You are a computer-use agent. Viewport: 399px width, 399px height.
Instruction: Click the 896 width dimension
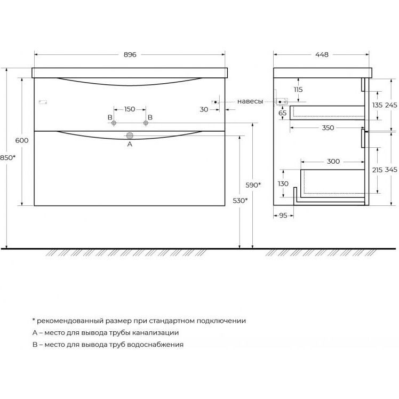pyautogui.click(x=130, y=55)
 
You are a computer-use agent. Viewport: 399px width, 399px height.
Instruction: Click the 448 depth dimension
pyautogui.click(x=322, y=55)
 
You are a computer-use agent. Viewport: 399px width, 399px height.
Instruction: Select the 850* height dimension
pyautogui.click(x=7, y=158)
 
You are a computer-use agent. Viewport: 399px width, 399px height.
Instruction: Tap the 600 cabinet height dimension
pyautogui.click(x=22, y=140)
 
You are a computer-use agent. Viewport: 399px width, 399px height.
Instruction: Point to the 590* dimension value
pyautogui.click(x=253, y=185)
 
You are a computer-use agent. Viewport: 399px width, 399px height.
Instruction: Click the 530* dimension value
pyautogui.click(x=240, y=201)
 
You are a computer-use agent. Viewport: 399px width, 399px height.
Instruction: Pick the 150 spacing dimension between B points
pyautogui.click(x=130, y=109)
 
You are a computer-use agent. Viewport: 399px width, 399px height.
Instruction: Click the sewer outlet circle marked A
pyautogui.click(x=130, y=135)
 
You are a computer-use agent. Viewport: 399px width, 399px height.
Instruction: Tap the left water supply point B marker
pyautogui.click(x=114, y=123)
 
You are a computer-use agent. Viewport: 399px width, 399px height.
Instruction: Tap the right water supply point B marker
pyautogui.click(x=146, y=123)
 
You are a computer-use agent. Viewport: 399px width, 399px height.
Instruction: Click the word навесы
pyautogui.click(x=250, y=101)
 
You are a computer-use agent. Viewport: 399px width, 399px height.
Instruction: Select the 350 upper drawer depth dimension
pyautogui.click(x=328, y=127)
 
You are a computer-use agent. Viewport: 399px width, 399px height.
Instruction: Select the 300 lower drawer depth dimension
pyautogui.click(x=333, y=161)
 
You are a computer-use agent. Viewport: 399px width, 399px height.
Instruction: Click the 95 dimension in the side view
pyautogui.click(x=283, y=216)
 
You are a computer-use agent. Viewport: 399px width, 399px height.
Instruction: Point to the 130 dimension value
pyautogui.click(x=283, y=183)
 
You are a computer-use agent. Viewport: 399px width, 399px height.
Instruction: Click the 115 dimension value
pyautogui.click(x=298, y=90)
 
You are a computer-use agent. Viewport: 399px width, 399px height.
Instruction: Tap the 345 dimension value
pyautogui.click(x=391, y=170)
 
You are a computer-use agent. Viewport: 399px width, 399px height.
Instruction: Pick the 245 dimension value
pyautogui.click(x=391, y=105)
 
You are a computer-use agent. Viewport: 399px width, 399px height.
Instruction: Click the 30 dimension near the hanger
pyautogui.click(x=204, y=109)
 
